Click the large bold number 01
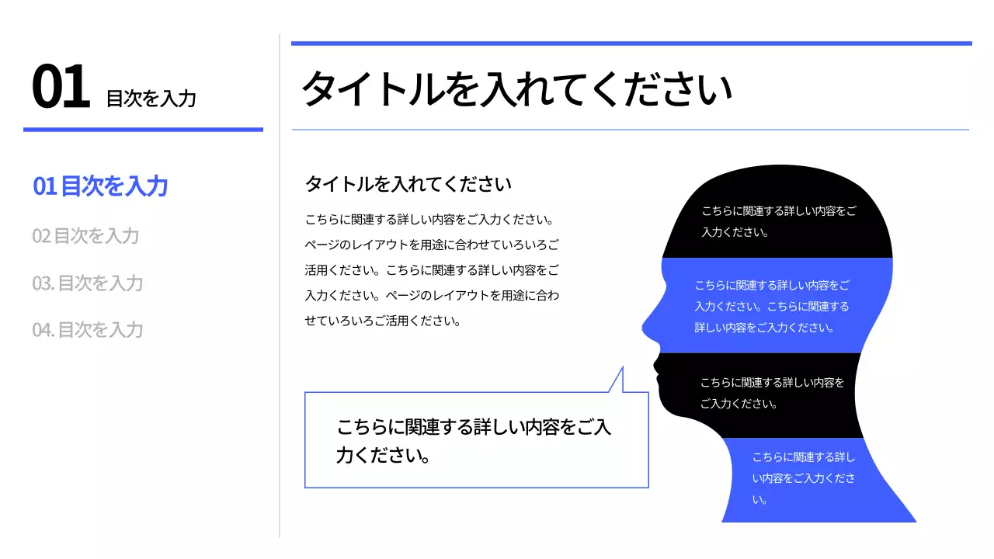click(61, 89)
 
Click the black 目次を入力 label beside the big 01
click(151, 99)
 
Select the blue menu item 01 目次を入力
click(100, 186)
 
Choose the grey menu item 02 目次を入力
click(85, 235)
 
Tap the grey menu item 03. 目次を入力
click(88, 283)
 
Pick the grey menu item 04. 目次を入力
click(88, 329)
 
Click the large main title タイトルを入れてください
click(516, 89)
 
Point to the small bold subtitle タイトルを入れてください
click(408, 184)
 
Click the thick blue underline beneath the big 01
click(143, 130)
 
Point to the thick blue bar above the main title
click(631, 43)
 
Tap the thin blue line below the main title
click(631, 130)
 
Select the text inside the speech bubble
click(474, 440)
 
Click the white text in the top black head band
click(779, 221)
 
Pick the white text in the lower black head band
click(772, 393)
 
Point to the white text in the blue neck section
click(804, 478)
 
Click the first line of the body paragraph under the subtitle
click(429, 219)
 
